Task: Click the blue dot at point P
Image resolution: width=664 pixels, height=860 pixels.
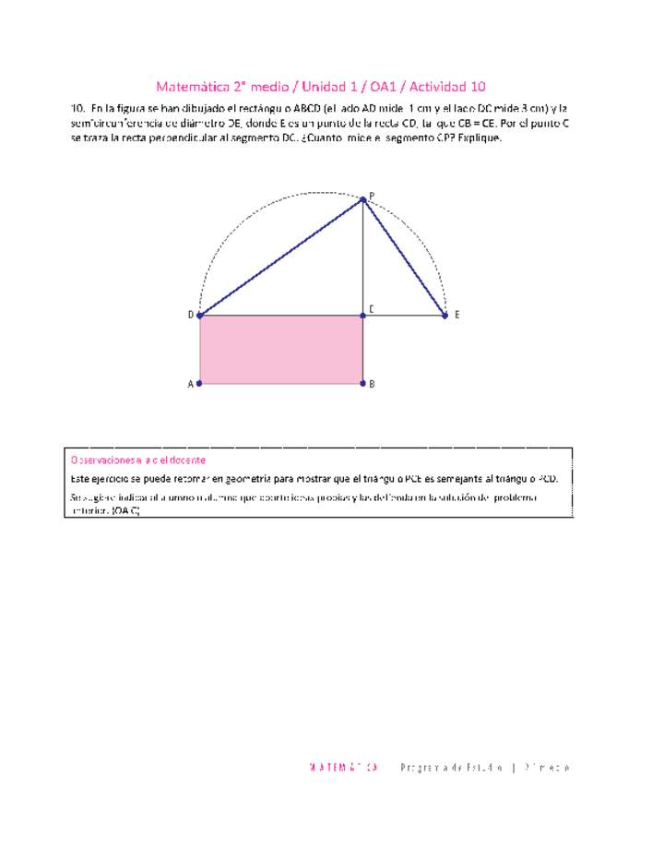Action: click(363, 199)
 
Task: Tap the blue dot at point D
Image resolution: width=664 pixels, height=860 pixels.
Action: click(200, 316)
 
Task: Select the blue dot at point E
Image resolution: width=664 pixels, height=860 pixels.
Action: click(445, 316)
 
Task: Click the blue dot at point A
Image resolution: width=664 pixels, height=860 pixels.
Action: click(200, 383)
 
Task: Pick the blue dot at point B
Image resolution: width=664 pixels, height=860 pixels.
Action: click(363, 383)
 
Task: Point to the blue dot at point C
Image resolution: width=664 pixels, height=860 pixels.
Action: click(363, 316)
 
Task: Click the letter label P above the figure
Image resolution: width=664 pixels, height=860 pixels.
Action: click(372, 195)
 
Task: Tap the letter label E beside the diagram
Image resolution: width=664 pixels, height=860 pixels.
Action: click(456, 315)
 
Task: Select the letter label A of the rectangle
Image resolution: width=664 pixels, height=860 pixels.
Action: click(191, 384)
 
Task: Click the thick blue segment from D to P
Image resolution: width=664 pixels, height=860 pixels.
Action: click(281, 257)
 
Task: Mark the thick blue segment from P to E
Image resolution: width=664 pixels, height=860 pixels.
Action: click(404, 257)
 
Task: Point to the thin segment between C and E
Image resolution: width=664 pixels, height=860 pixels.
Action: click(406, 316)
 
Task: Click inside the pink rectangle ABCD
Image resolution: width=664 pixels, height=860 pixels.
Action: click(281, 349)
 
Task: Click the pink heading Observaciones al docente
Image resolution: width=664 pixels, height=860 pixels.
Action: click(137, 460)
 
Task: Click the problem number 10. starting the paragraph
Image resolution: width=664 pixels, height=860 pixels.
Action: click(77, 108)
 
